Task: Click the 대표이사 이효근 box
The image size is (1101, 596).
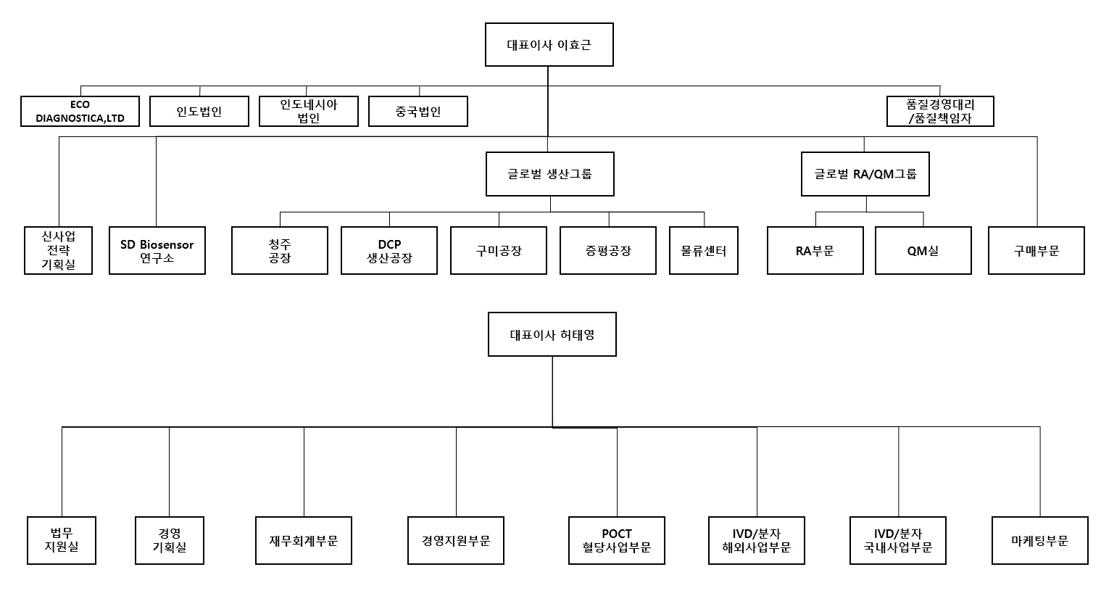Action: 549,44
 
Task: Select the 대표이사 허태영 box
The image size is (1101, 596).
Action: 552,334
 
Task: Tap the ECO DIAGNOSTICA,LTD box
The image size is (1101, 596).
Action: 80,112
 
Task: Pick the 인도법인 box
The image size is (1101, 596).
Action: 199,112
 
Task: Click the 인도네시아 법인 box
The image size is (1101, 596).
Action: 309,112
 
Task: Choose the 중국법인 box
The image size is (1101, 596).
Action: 418,112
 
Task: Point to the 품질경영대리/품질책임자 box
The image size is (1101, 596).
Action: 939,112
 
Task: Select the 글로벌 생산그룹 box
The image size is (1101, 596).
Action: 549,174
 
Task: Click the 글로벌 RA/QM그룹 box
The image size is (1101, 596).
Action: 865,174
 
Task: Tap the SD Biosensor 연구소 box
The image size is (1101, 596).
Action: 157,251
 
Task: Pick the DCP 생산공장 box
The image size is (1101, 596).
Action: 389,251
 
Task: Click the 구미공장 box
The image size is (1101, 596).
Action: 499,251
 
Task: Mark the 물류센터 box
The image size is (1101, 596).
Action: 703,251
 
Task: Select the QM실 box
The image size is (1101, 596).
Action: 923,251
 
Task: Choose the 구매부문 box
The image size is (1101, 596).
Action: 1036,251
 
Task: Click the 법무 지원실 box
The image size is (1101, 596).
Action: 62,541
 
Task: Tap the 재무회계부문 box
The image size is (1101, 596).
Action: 304,541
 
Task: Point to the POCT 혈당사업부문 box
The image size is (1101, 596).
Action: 617,541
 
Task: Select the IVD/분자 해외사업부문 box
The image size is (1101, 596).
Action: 756,541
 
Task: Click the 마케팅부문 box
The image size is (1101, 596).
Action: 1039,541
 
